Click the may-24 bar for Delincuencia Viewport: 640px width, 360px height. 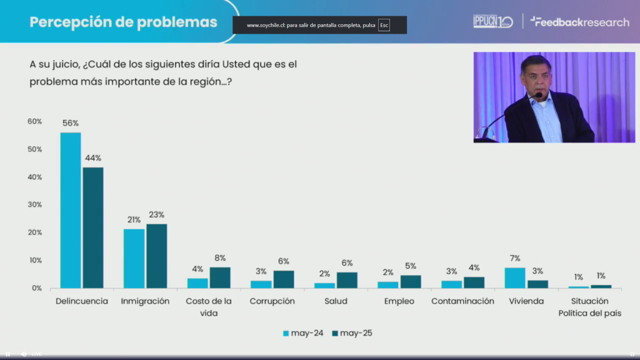tap(71, 210)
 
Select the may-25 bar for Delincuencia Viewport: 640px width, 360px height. tap(93, 227)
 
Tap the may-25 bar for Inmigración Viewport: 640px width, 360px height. tap(157, 256)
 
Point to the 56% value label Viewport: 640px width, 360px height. tap(71, 124)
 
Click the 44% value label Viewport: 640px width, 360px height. tap(93, 157)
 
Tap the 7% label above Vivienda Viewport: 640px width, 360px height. tap(514, 258)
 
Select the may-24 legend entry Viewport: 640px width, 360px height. tap(303, 333)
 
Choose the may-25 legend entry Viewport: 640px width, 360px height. tap(351, 333)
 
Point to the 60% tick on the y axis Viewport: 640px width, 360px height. tap(34, 121)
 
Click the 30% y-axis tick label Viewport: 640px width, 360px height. tap(34, 205)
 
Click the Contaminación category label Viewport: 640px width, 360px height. tap(462, 301)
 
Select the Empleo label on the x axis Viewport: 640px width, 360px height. tap(399, 301)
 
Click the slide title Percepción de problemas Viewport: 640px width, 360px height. tap(124, 22)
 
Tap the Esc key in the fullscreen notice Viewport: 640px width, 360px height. tap(384, 26)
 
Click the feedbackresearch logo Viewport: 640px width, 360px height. tap(579, 22)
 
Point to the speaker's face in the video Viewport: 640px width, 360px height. tap(538, 78)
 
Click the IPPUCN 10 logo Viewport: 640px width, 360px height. tap(492, 22)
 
